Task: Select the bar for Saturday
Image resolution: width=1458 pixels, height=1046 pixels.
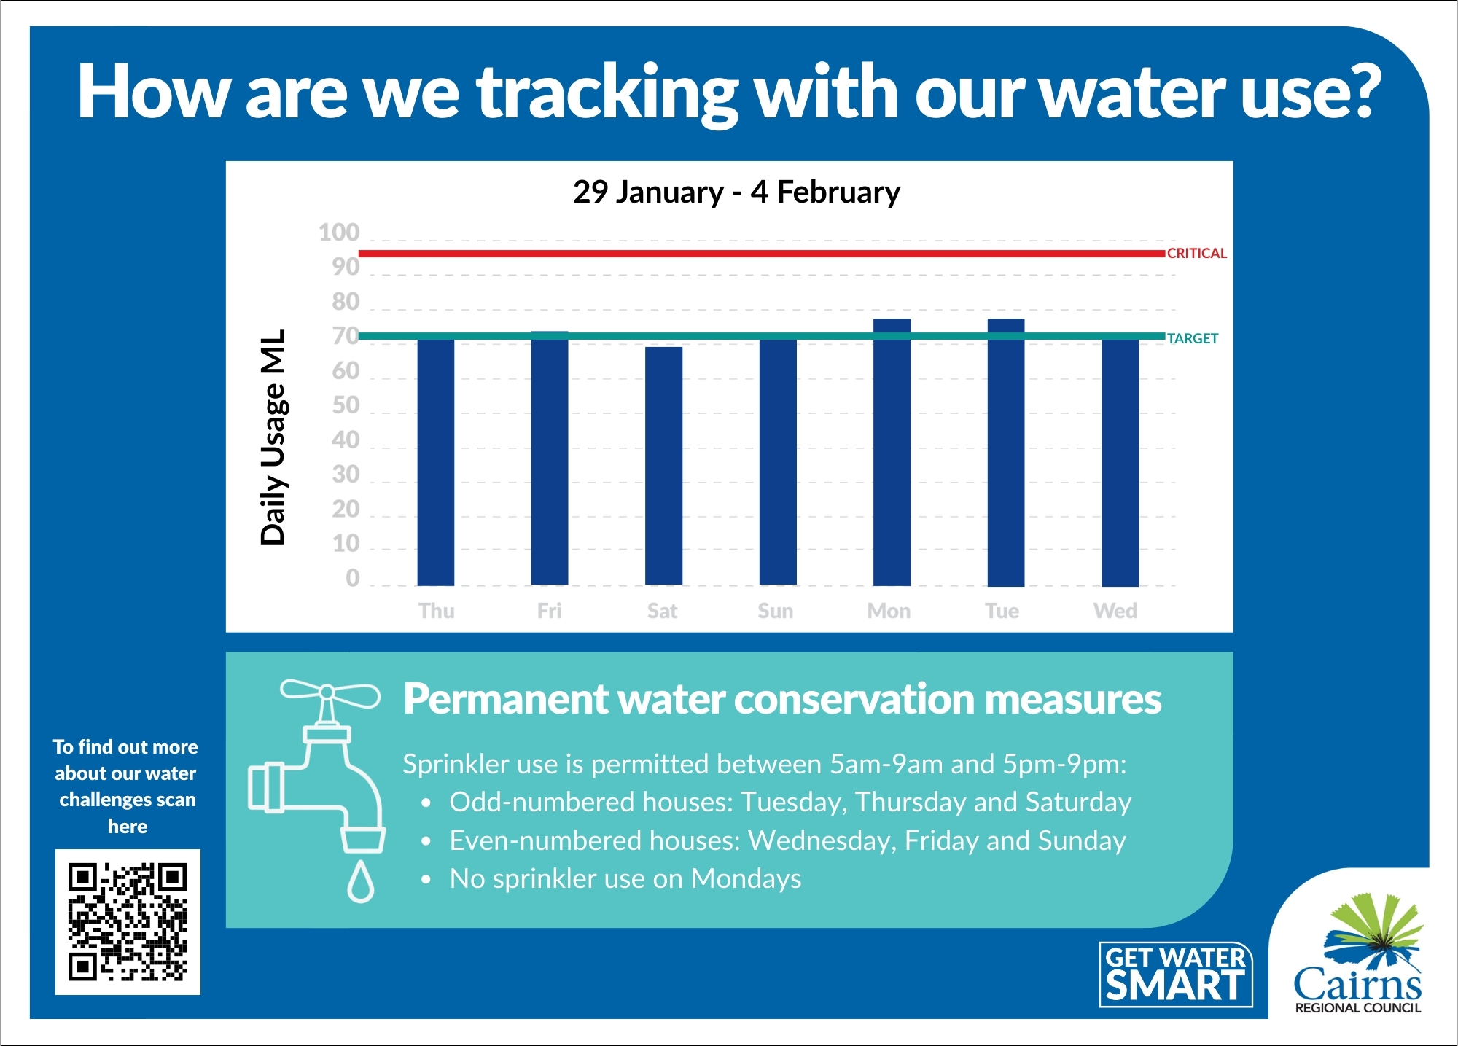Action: click(663, 467)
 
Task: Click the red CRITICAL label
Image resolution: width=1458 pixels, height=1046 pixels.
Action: click(1196, 254)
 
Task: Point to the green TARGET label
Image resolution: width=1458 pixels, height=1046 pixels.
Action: click(1192, 338)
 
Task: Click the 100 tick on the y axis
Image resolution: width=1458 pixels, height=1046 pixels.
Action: click(340, 233)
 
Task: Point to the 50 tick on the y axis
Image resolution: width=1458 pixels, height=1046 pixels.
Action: click(346, 405)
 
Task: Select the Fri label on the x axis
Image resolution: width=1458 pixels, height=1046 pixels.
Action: click(549, 611)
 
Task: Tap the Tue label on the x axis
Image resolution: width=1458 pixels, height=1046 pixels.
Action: click(1002, 611)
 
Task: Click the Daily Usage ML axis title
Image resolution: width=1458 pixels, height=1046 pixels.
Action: click(273, 437)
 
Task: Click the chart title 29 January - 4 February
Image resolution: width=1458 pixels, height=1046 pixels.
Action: click(736, 192)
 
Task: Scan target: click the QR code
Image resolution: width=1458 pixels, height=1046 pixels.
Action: click(128, 922)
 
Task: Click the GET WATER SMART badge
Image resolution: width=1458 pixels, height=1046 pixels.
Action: click(1175, 975)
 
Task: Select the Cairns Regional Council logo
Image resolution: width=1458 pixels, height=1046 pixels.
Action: click(1357, 955)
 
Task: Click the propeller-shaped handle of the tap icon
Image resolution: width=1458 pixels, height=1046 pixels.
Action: click(330, 693)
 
